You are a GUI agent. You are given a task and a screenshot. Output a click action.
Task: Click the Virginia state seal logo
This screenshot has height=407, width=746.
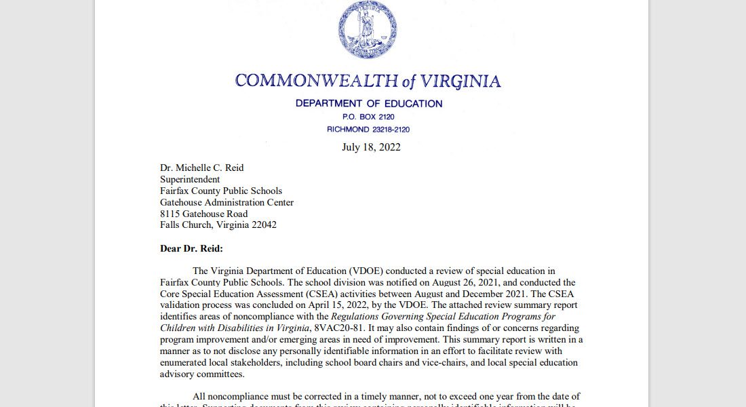368,30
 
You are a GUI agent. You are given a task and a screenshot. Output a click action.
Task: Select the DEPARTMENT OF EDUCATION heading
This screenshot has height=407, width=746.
368,104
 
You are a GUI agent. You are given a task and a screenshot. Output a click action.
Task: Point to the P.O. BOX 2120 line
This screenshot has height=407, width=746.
368,117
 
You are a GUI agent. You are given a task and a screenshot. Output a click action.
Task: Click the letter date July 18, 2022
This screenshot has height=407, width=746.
371,147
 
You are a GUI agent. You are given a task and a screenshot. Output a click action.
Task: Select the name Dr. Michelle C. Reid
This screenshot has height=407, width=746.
201,168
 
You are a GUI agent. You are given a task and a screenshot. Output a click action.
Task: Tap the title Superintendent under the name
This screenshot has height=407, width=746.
190,180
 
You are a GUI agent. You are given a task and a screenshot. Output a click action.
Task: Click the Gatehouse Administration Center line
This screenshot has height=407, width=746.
227,202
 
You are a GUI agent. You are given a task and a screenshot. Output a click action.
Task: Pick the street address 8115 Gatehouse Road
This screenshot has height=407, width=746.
203,214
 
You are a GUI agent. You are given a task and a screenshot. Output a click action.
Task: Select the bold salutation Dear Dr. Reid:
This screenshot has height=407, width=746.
191,248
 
